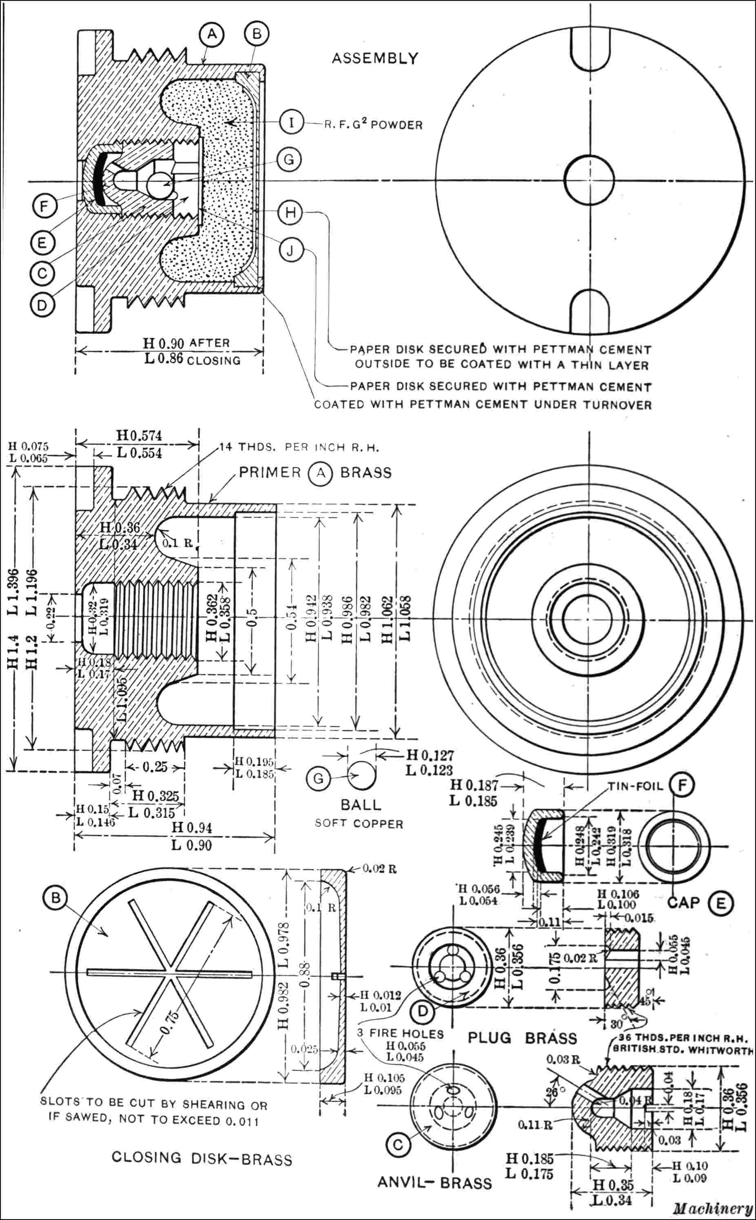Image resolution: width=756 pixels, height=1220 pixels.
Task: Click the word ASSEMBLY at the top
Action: [375, 58]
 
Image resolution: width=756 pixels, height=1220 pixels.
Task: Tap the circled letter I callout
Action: [291, 122]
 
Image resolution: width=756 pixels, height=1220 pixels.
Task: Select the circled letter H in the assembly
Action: [291, 213]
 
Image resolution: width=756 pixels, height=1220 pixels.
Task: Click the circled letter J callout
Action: [291, 251]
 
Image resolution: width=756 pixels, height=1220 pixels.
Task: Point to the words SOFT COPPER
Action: [359, 824]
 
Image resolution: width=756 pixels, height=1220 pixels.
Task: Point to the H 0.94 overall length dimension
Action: [191, 827]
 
